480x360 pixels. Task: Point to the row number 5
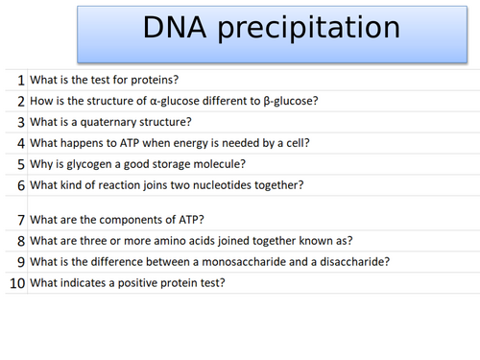click(20, 164)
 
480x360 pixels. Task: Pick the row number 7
click(20, 219)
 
